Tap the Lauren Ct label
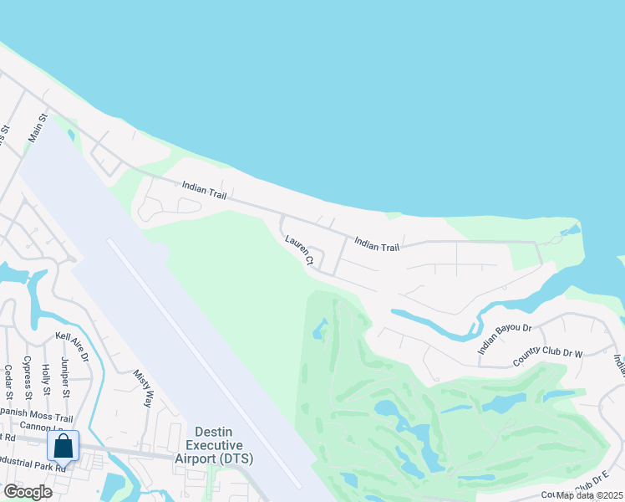coord(298,250)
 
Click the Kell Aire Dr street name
coord(72,346)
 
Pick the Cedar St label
coord(8,382)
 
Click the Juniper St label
coord(65,376)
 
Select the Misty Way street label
coord(144,387)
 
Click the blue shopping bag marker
coord(63,446)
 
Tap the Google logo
coord(28,491)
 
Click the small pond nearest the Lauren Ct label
coord(320,330)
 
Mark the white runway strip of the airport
coord(205,365)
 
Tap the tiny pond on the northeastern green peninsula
coord(571,229)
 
